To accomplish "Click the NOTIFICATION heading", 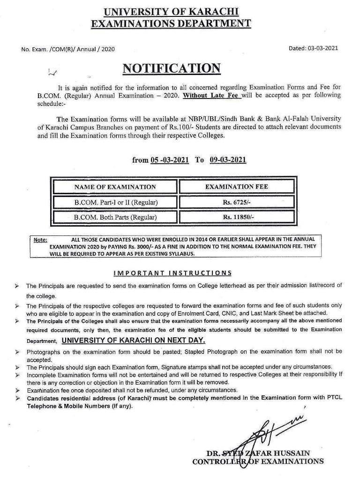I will (171, 68).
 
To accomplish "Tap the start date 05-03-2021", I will (170, 160).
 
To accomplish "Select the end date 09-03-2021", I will (228, 160).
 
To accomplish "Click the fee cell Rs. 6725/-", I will (237, 202).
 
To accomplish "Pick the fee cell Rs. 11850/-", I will (237, 217).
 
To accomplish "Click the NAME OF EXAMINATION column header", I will (115, 187).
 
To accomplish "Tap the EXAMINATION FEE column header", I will (237, 187).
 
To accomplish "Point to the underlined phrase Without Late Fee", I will (212, 95).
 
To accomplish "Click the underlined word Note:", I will (40, 240).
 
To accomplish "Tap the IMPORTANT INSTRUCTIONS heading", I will (172, 273).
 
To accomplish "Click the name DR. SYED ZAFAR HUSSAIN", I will (258, 453).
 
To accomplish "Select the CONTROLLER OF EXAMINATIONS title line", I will (258, 462).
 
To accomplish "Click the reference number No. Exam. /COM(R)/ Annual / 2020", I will (68, 49).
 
